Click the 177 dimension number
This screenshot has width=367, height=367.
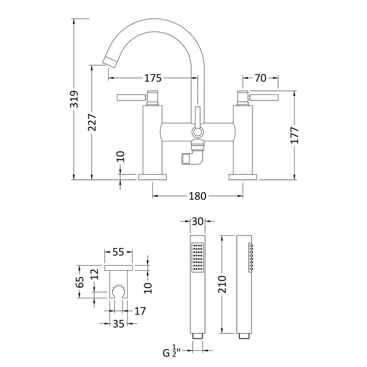295,135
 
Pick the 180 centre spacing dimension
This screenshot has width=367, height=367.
197,196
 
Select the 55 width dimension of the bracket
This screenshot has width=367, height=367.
119,252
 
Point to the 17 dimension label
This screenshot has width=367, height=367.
140,311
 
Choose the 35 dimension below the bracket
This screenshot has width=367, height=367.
119,324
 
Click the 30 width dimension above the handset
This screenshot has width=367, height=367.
198,221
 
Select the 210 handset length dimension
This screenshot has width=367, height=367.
222,284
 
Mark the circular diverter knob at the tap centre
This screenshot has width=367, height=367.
197,133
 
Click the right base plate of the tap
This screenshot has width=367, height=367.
243,177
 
